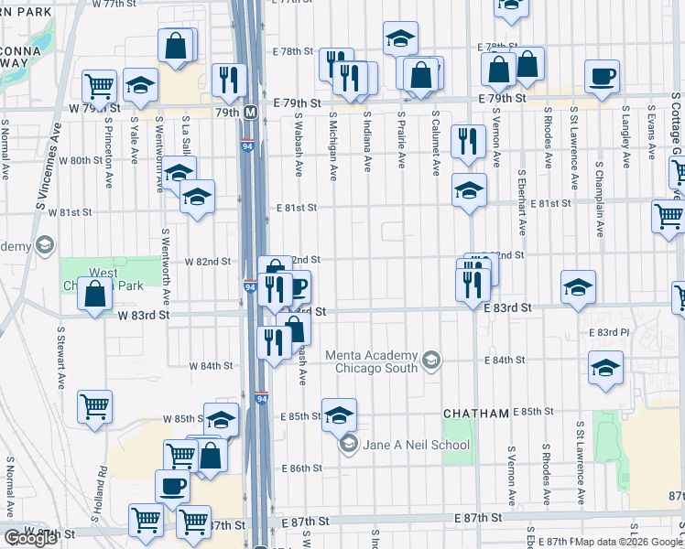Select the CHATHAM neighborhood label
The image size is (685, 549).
pos(475,414)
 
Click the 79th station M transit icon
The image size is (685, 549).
pos(250,113)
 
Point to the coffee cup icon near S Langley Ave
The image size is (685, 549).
pos(602,77)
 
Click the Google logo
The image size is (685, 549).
pos(30,538)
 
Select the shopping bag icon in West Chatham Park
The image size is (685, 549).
pos(95,295)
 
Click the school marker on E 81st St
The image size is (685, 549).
pos(469,191)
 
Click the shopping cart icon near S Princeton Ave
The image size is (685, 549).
pos(100,87)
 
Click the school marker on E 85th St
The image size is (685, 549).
pos(339,415)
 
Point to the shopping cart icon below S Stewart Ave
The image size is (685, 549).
pos(95,407)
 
